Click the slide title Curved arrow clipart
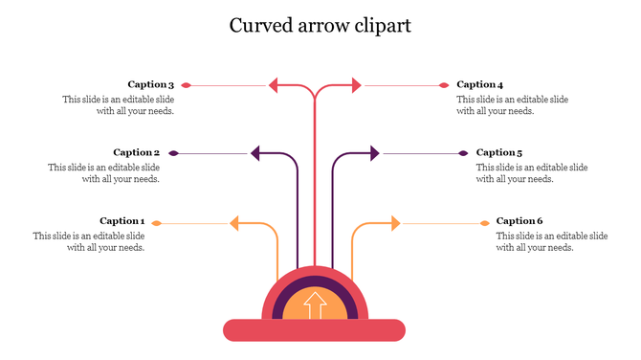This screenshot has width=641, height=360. tap(320, 26)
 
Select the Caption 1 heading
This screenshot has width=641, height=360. tap(122, 221)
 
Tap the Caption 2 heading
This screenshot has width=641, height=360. tap(136, 152)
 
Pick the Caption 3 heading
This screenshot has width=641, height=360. tap(151, 84)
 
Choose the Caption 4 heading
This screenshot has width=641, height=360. tap(479, 84)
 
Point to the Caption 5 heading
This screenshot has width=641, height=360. tap(499, 152)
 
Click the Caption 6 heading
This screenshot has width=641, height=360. tap(519, 221)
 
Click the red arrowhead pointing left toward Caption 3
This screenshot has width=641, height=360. tap(274, 85)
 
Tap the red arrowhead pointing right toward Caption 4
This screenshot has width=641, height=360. tap(357, 85)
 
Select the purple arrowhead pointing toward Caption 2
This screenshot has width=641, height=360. tap(255, 152)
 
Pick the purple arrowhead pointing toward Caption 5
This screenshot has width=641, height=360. tap(374, 152)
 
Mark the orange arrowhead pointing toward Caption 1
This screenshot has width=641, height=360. tap(234, 224)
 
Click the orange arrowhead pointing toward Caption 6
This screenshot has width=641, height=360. tap(394, 224)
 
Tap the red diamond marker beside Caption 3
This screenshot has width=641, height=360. tap(187, 85)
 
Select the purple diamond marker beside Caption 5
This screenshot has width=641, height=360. tap(464, 153)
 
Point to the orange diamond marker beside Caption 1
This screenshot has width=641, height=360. tap(157, 224)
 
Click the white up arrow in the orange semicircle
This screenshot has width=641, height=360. tap(314, 305)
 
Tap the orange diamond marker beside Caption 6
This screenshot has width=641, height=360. tap(484, 224)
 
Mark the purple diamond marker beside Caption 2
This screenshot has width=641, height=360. tap(173, 153)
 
